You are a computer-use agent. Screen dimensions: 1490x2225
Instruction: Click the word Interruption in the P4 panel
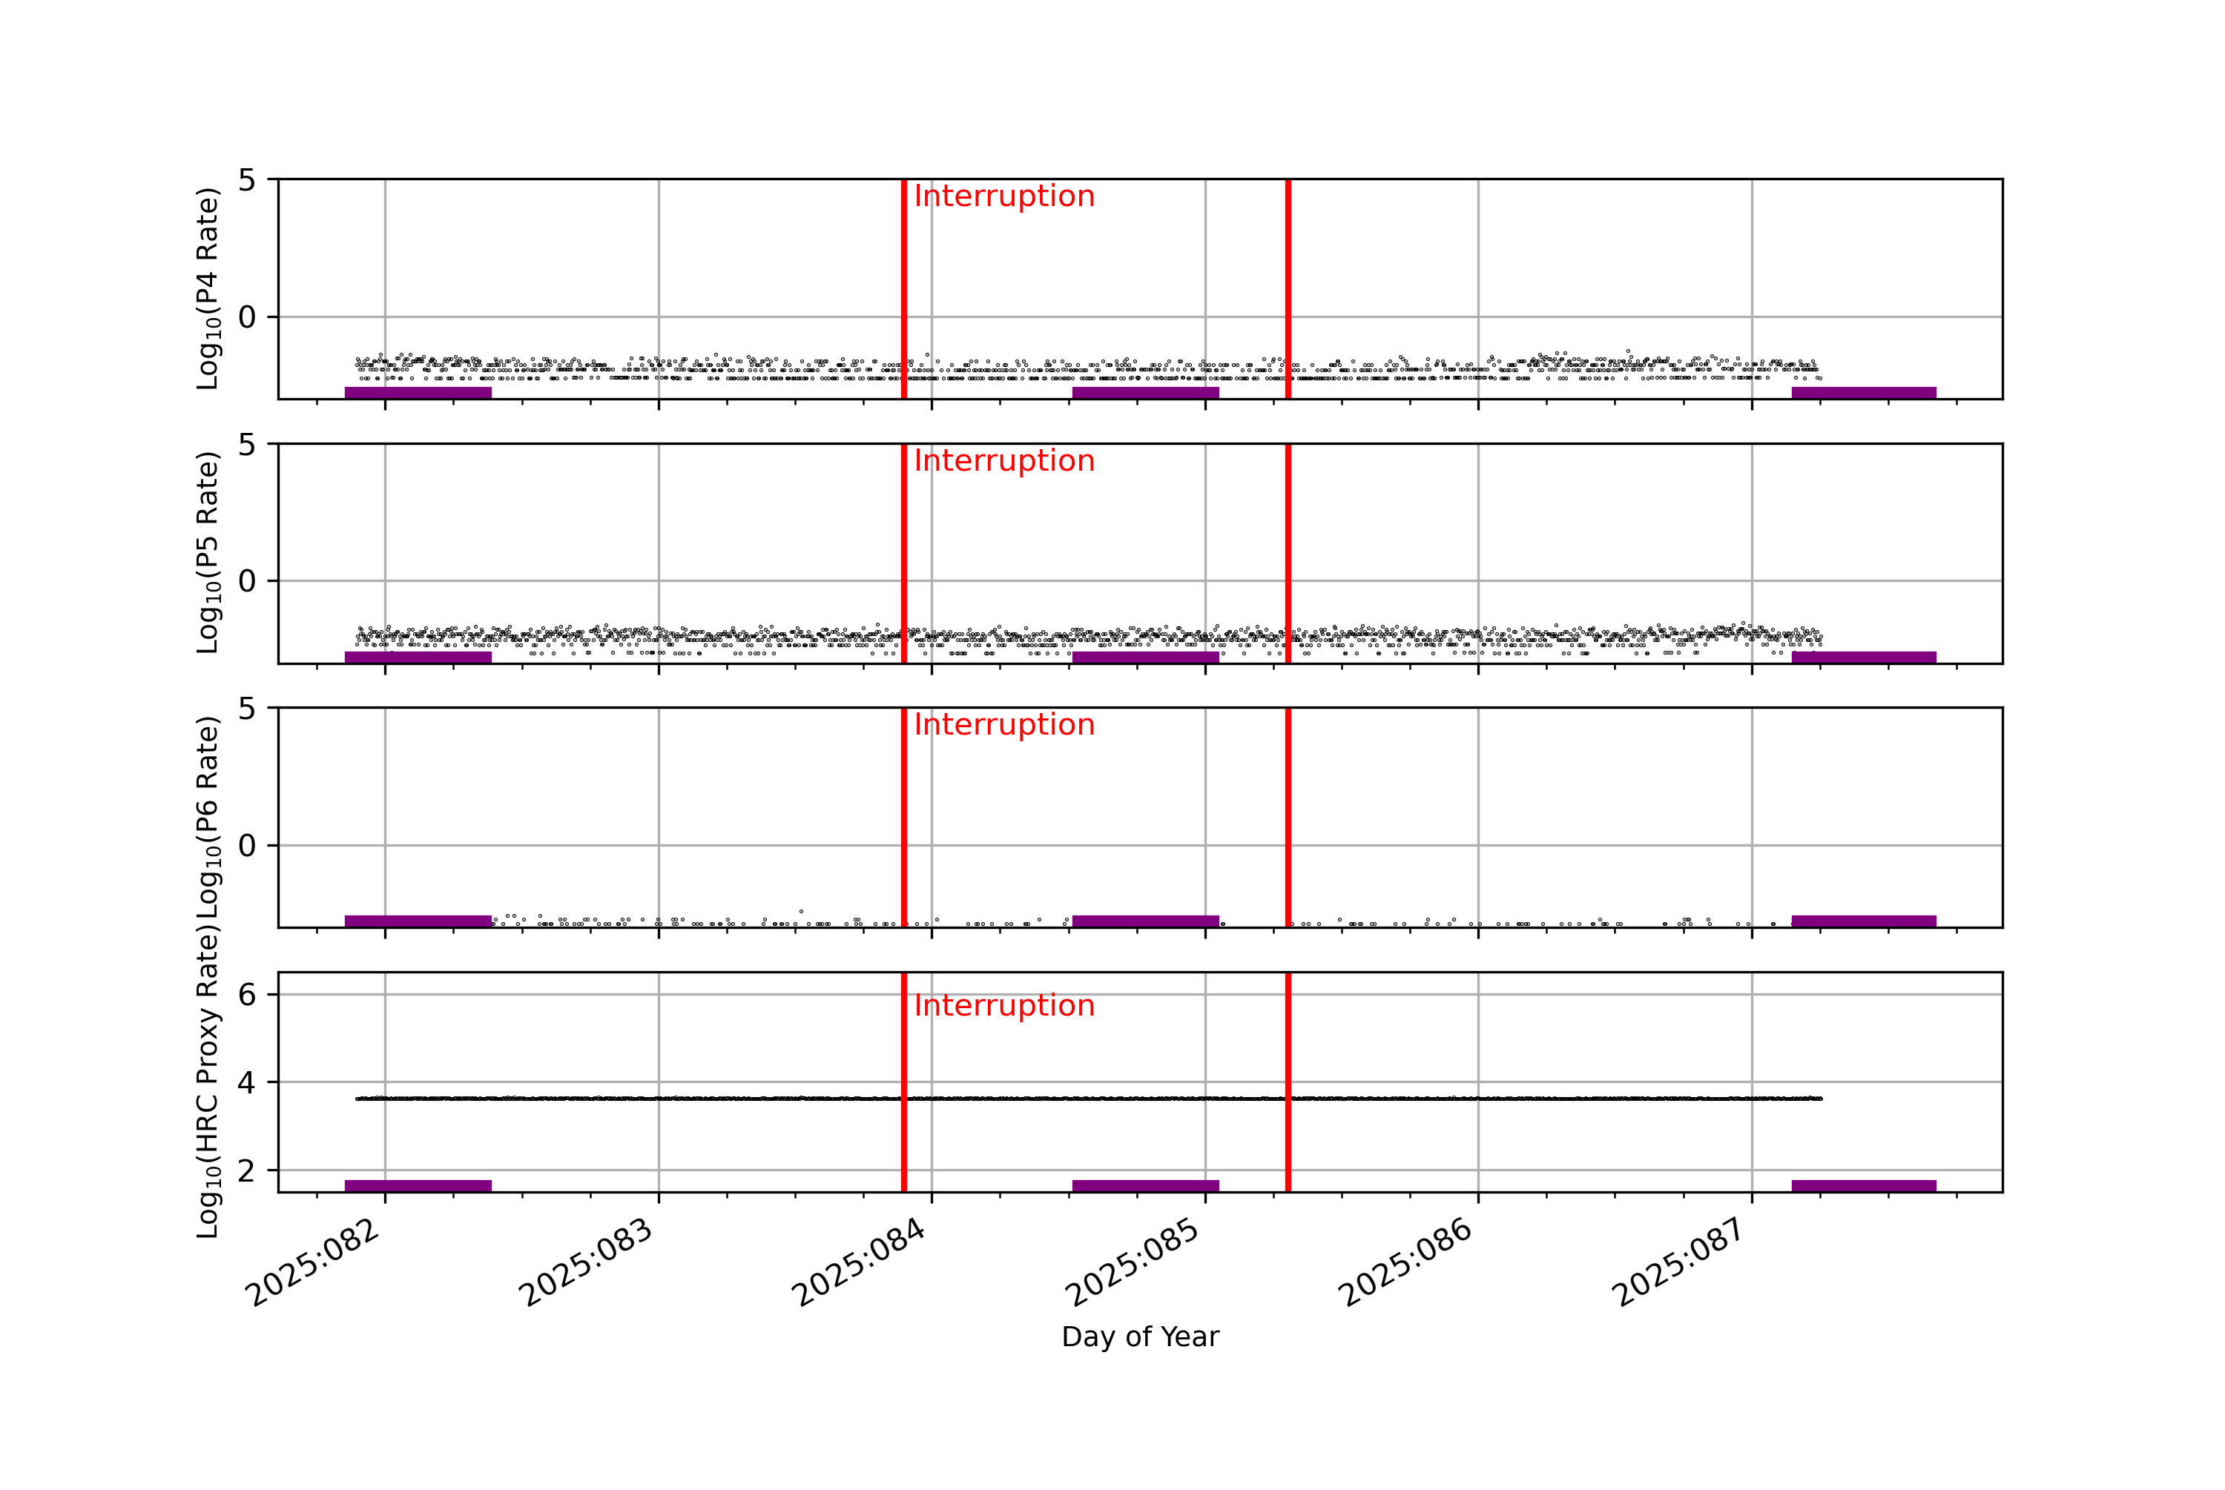[1003, 196]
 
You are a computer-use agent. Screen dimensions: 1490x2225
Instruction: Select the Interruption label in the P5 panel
[1003, 461]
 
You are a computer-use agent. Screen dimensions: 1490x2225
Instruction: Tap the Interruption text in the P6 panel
[1003, 725]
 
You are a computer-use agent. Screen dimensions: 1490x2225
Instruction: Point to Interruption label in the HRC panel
[1003, 1005]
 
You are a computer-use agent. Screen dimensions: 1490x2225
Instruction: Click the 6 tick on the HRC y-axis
[247, 995]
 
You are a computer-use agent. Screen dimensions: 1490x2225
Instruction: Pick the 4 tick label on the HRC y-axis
[247, 1082]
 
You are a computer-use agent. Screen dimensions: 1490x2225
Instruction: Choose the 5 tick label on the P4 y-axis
[247, 179]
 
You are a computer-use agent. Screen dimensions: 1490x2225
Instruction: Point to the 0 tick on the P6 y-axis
[247, 846]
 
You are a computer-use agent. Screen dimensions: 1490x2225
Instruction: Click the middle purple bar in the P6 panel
[1145, 921]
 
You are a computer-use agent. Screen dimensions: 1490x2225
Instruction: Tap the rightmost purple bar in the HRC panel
[1863, 1185]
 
